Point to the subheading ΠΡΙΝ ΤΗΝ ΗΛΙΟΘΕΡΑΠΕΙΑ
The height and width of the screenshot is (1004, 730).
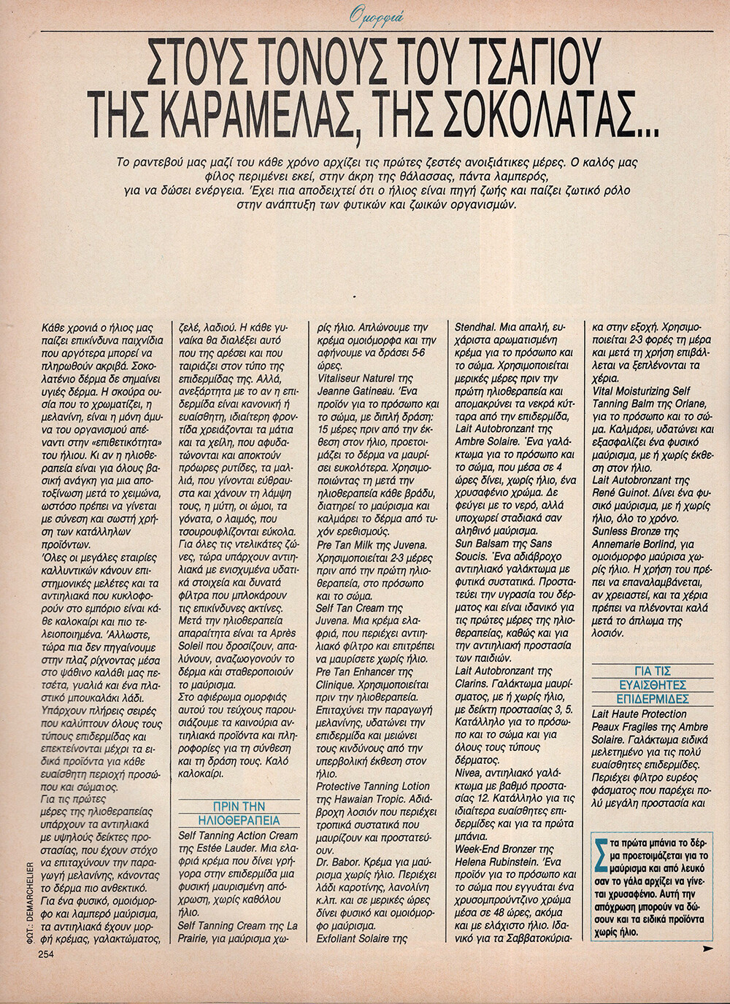click(x=239, y=813)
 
